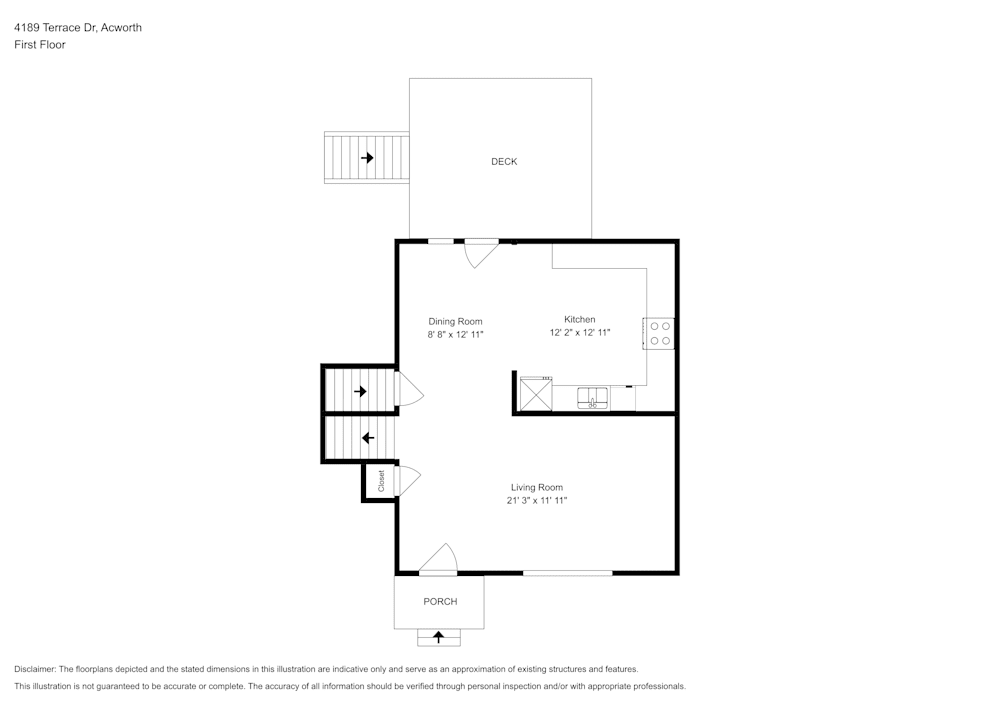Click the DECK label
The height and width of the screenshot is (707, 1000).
504,162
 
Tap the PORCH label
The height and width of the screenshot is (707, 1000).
440,601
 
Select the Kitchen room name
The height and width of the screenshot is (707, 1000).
580,319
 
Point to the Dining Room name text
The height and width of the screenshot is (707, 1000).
455,322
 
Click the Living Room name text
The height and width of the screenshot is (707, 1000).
537,488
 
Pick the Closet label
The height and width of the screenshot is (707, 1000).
381,481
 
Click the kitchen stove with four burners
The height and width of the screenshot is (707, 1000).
659,333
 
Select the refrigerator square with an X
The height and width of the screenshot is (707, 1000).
536,395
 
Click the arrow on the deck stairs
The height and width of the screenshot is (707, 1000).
367,157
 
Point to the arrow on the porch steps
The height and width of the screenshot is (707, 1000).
439,636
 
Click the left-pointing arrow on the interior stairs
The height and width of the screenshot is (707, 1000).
368,438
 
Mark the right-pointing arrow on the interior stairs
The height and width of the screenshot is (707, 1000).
360,391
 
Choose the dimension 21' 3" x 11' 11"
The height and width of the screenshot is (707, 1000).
537,501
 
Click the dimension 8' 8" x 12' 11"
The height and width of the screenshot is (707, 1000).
455,335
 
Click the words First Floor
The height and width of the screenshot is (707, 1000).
40,45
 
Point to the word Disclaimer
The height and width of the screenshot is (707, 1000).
35,669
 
